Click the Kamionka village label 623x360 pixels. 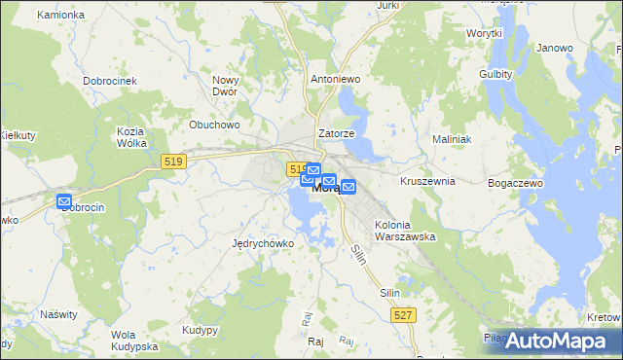[x=60, y=16]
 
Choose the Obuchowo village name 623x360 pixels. [x=214, y=125]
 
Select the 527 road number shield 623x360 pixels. [x=405, y=314]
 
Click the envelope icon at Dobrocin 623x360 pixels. [x=65, y=202]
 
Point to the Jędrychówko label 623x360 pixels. [x=263, y=243]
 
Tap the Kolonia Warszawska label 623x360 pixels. [x=405, y=231]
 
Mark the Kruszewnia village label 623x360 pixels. [x=427, y=181]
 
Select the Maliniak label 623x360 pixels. [x=452, y=139]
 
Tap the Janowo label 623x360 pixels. [x=554, y=48]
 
